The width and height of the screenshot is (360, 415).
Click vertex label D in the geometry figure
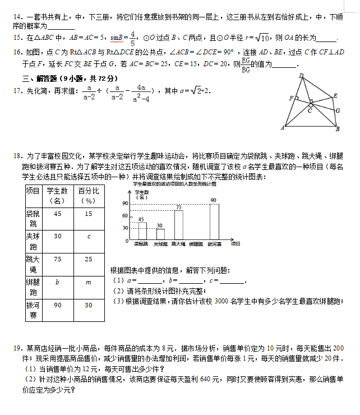[301, 76]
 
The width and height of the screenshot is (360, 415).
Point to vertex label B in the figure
[338, 130]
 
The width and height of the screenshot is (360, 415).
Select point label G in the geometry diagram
[338, 110]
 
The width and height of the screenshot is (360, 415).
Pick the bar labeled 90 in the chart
[214, 222]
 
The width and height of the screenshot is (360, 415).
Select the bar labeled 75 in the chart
[179, 226]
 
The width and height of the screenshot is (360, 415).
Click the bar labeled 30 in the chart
[160, 234]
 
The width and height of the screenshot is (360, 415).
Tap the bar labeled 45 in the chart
[142, 231]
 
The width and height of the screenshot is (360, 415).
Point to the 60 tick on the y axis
[125, 215]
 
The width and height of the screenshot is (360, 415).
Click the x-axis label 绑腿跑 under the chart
[196, 244]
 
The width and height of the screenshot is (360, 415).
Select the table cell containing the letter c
[88, 236]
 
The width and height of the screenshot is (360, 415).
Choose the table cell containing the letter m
[88, 282]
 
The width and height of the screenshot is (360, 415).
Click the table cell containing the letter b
[57, 282]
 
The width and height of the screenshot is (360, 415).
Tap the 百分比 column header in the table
[88, 195]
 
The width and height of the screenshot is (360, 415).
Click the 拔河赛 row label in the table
[33, 310]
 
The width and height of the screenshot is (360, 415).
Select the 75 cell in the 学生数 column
[57, 259]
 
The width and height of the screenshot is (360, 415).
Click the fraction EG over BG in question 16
[245, 65]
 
